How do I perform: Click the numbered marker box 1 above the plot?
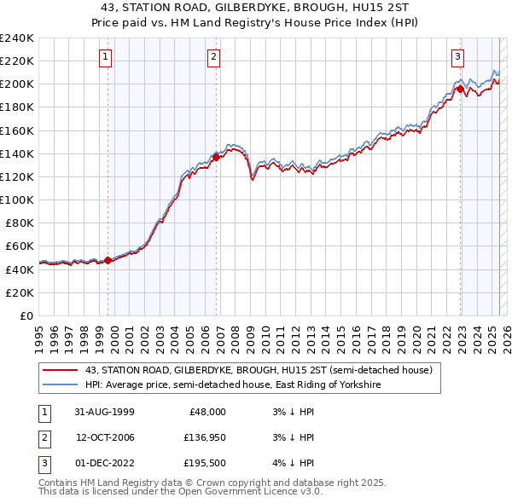coord(105,57)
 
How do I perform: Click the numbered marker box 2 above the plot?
coord(212,57)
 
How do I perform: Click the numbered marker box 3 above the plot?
coord(457,57)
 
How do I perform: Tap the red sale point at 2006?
coord(217,157)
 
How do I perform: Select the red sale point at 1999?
coord(108,260)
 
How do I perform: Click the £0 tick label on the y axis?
coord(26,315)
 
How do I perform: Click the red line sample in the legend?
coord(60,370)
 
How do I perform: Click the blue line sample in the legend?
coord(60,384)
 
